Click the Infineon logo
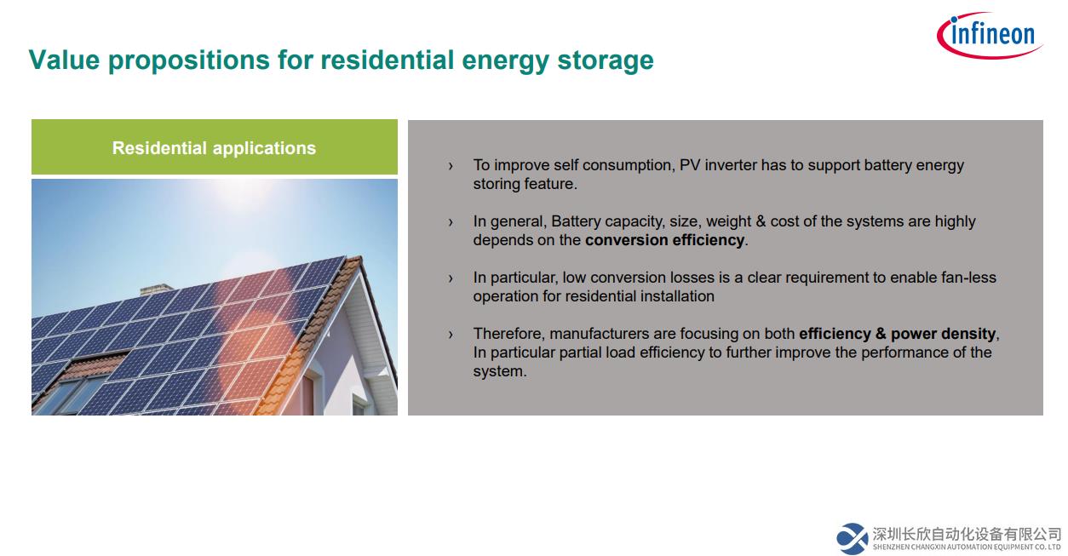tap(990, 35)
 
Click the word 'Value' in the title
tap(65, 60)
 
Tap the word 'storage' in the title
tap(606, 62)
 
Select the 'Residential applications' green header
tap(215, 146)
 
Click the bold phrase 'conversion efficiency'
tap(664, 240)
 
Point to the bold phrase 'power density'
tap(943, 333)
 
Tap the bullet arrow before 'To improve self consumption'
tap(451, 166)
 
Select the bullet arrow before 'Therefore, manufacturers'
tap(451, 335)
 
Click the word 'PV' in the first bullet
tap(690, 165)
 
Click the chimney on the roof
tap(156, 289)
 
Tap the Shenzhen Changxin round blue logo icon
tap(852, 539)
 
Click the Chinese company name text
tap(967, 534)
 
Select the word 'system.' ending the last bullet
tap(500, 371)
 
